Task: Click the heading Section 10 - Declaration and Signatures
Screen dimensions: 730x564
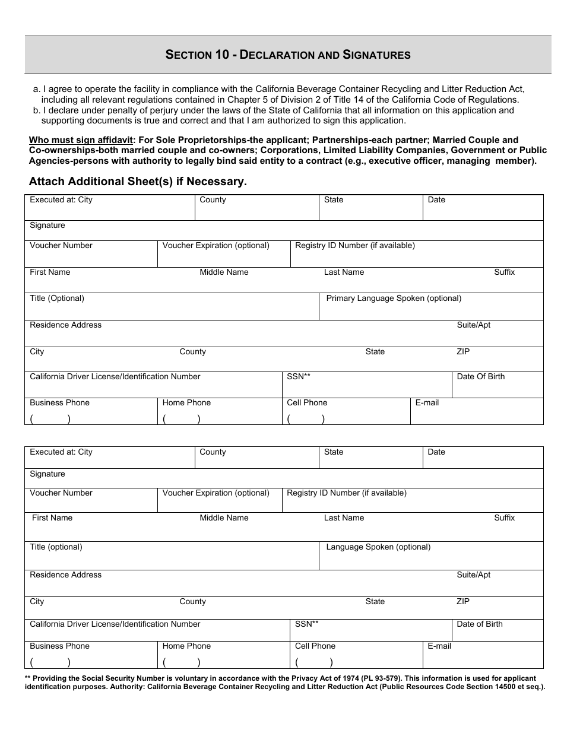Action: (288, 55)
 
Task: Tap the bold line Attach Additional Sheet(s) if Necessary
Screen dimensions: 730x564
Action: (138, 182)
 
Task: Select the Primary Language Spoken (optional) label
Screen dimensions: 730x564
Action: (394, 299)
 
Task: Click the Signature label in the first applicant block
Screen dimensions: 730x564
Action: (47, 226)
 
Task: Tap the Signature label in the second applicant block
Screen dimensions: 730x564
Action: (47, 474)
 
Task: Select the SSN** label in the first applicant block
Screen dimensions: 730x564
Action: (299, 377)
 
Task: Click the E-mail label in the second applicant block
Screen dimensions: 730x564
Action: (439, 646)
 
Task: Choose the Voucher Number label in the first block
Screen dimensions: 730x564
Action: (61, 246)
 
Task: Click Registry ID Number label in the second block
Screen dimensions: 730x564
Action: (347, 493)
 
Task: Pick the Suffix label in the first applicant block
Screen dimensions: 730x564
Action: (505, 272)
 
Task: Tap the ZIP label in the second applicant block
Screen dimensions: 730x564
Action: (463, 602)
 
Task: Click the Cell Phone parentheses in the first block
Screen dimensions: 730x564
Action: (306, 419)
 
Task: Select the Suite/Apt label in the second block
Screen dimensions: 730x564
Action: (474, 575)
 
